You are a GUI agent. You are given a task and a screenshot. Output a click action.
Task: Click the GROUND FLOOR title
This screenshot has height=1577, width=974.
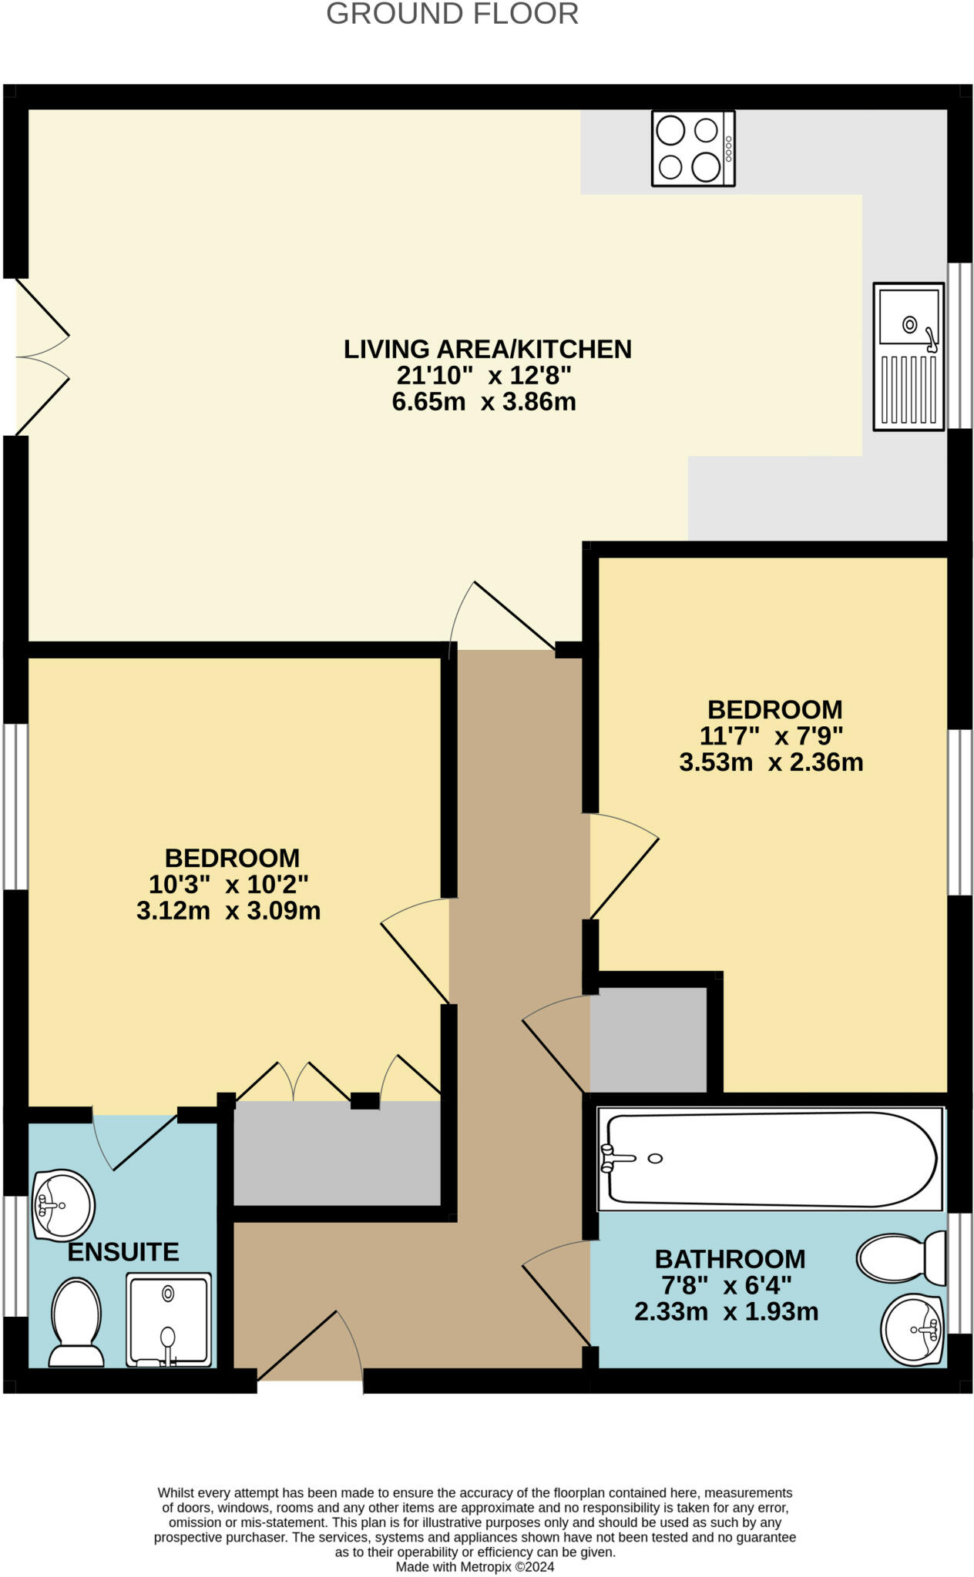[452, 14]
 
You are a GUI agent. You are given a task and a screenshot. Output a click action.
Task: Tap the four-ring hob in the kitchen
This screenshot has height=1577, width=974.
[693, 149]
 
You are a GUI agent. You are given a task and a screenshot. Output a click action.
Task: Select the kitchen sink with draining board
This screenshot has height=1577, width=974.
[909, 357]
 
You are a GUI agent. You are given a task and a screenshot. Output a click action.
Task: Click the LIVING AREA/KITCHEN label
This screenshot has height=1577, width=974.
[488, 349]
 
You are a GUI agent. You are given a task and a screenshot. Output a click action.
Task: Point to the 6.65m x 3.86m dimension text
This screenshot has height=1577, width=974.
[484, 402]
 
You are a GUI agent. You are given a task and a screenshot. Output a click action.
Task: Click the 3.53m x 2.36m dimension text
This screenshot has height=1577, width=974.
[771, 762]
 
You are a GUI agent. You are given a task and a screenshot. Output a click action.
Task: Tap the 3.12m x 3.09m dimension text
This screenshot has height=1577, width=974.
[228, 911]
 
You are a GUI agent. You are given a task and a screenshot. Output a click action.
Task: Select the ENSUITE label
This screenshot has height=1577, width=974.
[123, 1252]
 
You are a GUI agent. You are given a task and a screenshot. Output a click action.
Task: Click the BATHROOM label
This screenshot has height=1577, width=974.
[730, 1259]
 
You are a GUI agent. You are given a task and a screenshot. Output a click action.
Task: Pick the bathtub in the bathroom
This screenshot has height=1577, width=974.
[771, 1159]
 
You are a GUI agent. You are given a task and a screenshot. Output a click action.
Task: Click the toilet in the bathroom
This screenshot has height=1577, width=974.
[901, 1258]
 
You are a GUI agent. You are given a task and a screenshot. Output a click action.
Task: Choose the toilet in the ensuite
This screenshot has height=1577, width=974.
[76, 1322]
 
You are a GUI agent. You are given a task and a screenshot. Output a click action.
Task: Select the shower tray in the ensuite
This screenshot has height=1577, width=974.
[169, 1320]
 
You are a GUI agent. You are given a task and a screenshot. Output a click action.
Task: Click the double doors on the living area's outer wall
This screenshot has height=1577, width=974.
[42, 357]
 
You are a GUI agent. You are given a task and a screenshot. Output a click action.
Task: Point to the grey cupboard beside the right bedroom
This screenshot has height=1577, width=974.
[649, 1040]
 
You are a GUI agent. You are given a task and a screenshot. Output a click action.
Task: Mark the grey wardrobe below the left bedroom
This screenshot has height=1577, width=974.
[337, 1153]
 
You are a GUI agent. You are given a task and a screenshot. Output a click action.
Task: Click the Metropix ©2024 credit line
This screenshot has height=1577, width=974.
[475, 1566]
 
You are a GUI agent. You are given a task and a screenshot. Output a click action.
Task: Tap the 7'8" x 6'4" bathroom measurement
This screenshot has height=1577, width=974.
[727, 1285]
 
